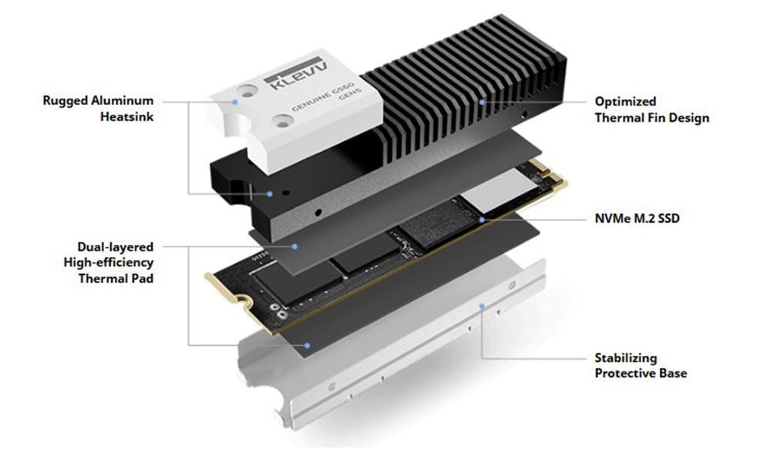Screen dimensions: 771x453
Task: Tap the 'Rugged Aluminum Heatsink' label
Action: tap(99, 109)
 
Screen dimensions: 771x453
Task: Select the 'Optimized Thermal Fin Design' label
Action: tap(652, 109)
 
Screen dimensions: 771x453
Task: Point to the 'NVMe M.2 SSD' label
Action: tap(638, 218)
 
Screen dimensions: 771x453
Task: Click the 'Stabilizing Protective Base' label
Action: tap(641, 365)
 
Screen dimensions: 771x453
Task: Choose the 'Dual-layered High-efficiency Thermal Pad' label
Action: tap(109, 263)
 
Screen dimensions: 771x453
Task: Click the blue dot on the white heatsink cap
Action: tap(235, 102)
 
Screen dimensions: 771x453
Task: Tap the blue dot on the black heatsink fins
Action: tap(483, 102)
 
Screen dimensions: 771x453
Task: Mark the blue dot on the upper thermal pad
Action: tap(295, 247)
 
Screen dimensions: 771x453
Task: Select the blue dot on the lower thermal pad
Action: tap(307, 345)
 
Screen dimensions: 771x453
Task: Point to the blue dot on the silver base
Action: tap(483, 307)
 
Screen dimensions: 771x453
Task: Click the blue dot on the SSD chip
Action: tap(483, 220)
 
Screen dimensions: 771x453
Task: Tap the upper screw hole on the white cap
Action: tap(246, 92)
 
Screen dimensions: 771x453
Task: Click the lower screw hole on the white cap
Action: tap(283, 121)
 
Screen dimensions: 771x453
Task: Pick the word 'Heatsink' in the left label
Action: tap(127, 117)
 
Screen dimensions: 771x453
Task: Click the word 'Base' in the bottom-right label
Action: tap(673, 374)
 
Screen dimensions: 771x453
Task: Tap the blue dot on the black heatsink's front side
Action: tap(269, 194)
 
